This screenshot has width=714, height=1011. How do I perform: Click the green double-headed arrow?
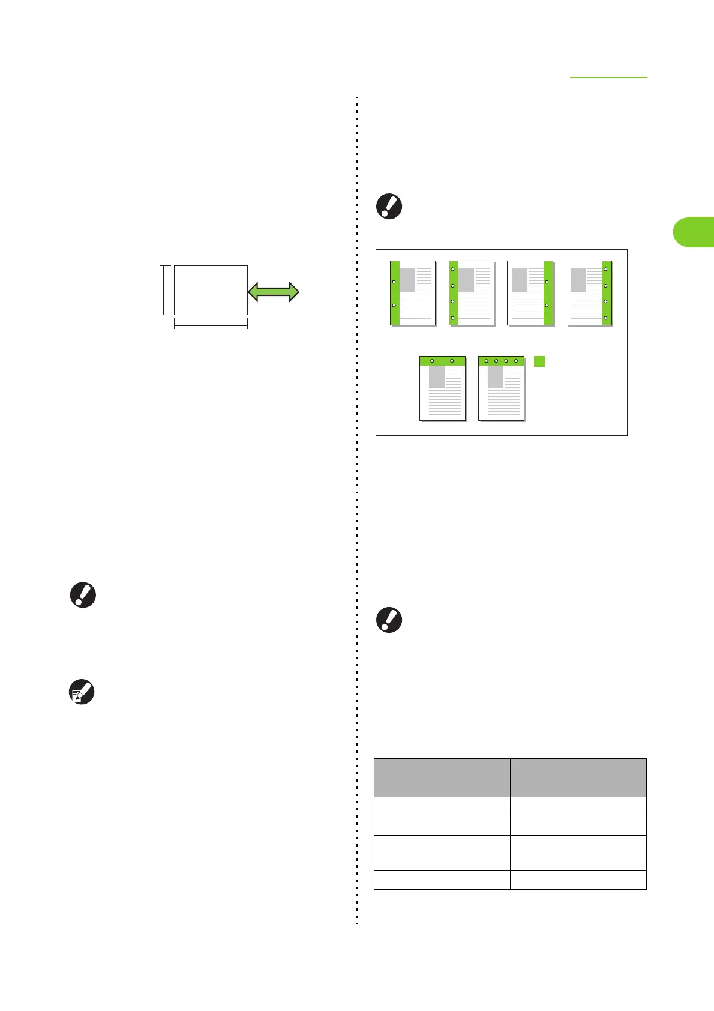tap(274, 292)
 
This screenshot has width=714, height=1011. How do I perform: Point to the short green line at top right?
tap(608, 77)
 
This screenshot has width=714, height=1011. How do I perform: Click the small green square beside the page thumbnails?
tap(539, 361)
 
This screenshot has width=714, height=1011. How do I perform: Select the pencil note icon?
tap(82, 692)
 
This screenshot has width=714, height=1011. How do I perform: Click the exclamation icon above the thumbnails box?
tap(389, 207)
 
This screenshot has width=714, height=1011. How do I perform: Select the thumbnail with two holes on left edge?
tap(413, 293)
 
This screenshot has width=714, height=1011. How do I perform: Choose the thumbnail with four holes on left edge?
tap(472, 293)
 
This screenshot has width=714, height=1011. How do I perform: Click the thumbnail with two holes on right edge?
tap(530, 293)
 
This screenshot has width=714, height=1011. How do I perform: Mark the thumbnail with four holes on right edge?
tap(589, 293)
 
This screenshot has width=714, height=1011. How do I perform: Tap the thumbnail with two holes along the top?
tap(442, 388)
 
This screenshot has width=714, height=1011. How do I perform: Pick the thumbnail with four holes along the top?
tap(501, 388)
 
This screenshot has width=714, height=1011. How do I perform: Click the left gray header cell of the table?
tap(442, 777)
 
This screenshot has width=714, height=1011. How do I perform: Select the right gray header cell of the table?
tap(578, 777)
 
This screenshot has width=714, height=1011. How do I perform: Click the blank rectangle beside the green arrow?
tap(210, 290)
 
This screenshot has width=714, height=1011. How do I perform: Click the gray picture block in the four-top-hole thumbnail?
tap(495, 377)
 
